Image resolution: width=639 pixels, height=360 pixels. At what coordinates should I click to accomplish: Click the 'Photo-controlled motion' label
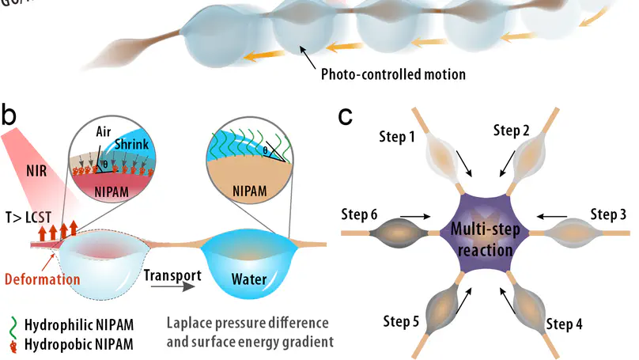(393, 75)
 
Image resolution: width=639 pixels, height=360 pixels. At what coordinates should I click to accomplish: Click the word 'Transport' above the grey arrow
(171, 276)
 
